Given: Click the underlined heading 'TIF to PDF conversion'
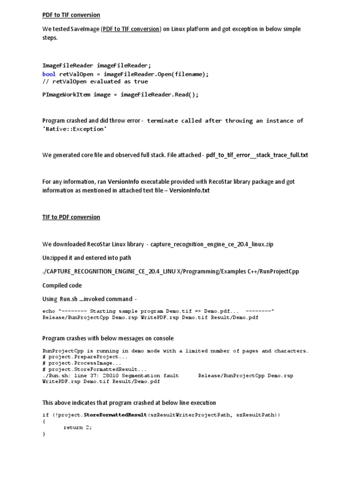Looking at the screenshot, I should (71, 217).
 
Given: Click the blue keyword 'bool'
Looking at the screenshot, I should (49, 74).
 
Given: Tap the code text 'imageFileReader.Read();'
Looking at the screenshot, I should (160, 94).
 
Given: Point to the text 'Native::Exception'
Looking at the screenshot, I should (75, 129).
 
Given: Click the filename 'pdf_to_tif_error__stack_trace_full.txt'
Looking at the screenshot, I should (257, 155).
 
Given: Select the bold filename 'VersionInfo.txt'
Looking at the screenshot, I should (189, 190).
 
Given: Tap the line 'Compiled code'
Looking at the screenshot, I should (62, 285).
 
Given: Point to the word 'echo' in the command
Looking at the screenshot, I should (49, 311).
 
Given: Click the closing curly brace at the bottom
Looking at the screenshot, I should (44, 434).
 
